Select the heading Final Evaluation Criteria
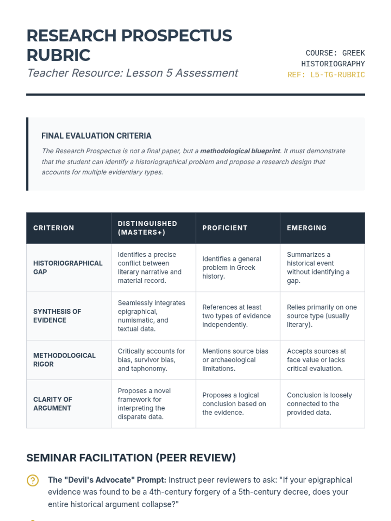click(x=96, y=136)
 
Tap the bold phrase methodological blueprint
click(x=240, y=151)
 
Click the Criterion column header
click(x=53, y=228)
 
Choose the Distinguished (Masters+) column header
click(x=147, y=228)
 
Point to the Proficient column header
click(x=225, y=228)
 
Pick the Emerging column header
click(x=307, y=228)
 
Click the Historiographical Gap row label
click(x=68, y=267)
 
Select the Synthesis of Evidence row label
click(x=57, y=316)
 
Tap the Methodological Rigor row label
click(x=64, y=360)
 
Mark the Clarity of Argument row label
click(x=52, y=404)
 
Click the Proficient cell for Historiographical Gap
click(x=231, y=268)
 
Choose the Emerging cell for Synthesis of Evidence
click(x=322, y=316)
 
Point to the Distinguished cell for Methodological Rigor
click(x=151, y=360)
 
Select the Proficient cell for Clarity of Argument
click(x=234, y=404)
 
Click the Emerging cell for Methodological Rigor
click(x=316, y=360)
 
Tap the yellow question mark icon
click(x=33, y=481)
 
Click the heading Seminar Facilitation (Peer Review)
click(x=131, y=458)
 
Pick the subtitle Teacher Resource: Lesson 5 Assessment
click(x=133, y=73)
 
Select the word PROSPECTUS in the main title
click(x=177, y=36)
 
